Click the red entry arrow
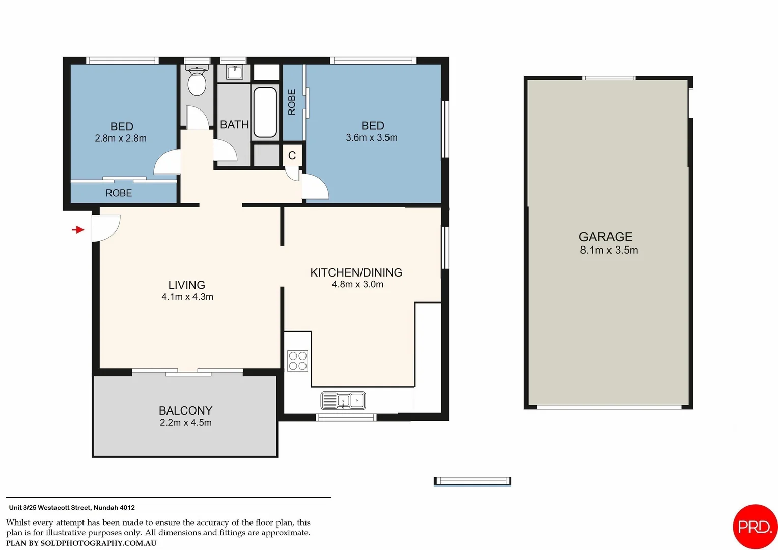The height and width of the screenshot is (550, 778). click(78, 230)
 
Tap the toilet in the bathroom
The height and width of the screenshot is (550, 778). click(197, 81)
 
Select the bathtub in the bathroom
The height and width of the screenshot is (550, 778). click(265, 112)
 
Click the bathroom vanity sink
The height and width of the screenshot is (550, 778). click(234, 73)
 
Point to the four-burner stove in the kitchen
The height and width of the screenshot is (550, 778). click(297, 361)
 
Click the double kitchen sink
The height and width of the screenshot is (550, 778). click(343, 401)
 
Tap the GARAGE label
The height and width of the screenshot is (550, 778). click(605, 237)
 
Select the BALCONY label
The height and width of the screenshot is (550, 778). click(185, 410)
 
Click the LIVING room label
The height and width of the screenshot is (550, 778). click(187, 285)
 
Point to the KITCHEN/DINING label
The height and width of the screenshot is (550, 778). click(356, 272)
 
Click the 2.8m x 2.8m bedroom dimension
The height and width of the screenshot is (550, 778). click(121, 139)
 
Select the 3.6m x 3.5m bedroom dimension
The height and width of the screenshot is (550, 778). click(372, 137)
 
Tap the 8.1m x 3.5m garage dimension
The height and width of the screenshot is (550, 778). click(609, 250)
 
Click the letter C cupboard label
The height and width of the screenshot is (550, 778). click(292, 155)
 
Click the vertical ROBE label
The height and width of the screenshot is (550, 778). click(292, 102)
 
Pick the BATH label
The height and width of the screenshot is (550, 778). click(234, 125)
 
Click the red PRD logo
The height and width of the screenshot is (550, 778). click(755, 527)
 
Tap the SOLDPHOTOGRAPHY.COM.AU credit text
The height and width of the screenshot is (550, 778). click(98, 543)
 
